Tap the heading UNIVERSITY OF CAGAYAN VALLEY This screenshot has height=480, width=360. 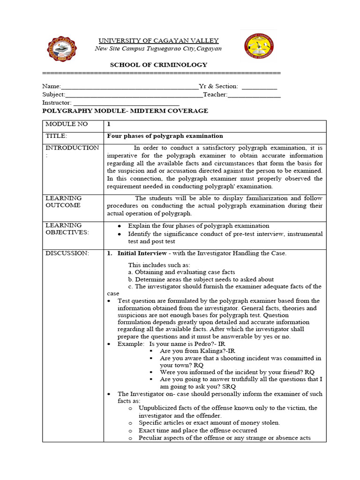[158, 41]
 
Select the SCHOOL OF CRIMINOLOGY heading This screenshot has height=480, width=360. [158, 65]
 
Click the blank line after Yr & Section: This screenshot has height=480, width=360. [259, 87]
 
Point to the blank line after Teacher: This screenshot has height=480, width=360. [254, 96]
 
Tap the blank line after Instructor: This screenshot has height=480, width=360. [126, 104]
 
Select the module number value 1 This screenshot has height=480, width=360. [109, 125]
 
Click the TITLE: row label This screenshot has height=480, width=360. [56, 136]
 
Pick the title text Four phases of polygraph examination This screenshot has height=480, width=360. [165, 136]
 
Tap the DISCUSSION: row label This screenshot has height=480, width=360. [67, 253]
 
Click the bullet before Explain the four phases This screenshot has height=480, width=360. [120, 226]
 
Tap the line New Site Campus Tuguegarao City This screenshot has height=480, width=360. [158, 49]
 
